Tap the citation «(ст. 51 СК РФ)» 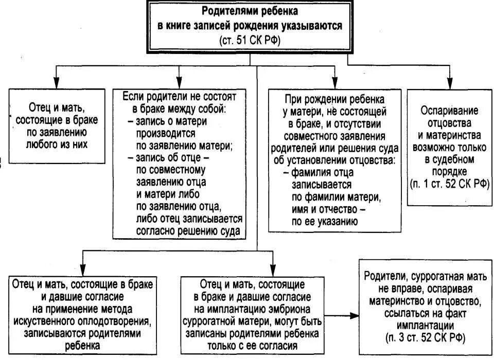pos(250,41)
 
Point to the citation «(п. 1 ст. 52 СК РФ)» pos(449,184)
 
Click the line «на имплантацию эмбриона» pos(252,310)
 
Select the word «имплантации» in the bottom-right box pos(425,325)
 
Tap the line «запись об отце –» pos(168,157)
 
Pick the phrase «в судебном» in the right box pos(449,159)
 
